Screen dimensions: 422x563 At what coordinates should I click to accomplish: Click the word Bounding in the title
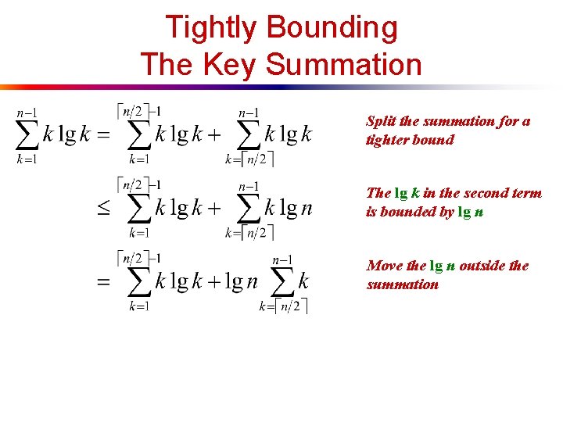[x=332, y=28]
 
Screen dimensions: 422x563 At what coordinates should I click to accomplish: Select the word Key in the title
[x=231, y=64]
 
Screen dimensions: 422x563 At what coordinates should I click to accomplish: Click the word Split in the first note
[x=381, y=121]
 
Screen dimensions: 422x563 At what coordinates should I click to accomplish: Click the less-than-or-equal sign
[x=103, y=209]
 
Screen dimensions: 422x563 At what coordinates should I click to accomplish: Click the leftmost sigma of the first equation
[x=27, y=135]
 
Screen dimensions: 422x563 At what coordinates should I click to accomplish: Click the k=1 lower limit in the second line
[x=139, y=232]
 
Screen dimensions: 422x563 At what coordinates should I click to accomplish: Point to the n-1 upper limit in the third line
[x=283, y=259]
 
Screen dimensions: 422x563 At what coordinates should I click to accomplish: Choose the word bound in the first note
[x=436, y=140]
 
